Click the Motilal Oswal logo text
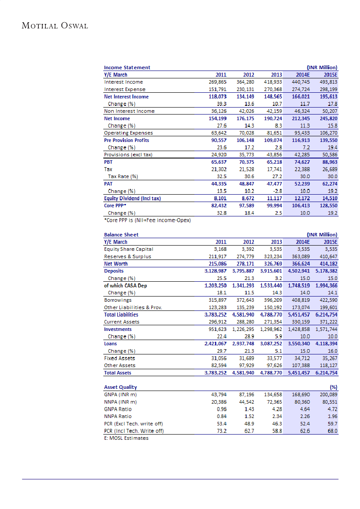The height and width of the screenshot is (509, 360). pos(55,26)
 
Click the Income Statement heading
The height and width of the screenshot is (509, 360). pos(127,67)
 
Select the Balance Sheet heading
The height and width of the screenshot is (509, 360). pos(121,235)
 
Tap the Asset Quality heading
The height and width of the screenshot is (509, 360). pos(120,387)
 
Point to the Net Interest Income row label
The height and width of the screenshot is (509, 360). pos(126,97)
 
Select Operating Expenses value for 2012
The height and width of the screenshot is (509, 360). pos(246,133)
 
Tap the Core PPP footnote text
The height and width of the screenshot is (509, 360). pos(147,220)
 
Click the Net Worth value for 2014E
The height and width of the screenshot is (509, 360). pos(299,264)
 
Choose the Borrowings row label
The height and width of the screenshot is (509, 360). pos(117,300)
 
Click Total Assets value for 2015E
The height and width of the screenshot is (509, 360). pos(326,373)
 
